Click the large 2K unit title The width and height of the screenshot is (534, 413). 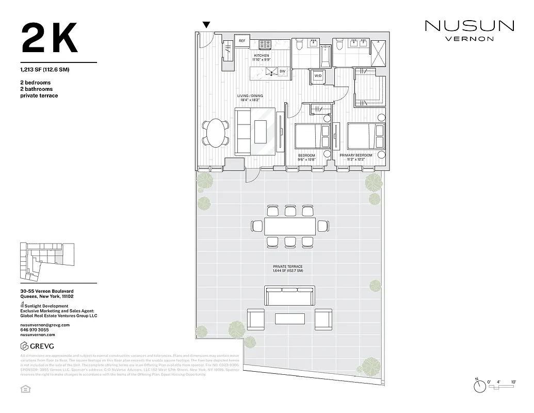click(x=50, y=38)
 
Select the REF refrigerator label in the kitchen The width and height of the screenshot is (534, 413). click(x=241, y=41)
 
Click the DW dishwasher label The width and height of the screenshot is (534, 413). click(x=282, y=71)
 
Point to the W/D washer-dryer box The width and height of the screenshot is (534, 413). click(x=317, y=76)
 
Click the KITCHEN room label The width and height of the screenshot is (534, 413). click(x=262, y=56)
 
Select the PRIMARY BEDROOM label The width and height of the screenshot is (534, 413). click(x=359, y=155)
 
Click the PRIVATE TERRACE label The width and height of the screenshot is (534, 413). click(x=288, y=267)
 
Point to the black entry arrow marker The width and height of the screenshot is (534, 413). click(x=206, y=25)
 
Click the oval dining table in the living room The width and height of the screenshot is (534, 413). click(x=216, y=133)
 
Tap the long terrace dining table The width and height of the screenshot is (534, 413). click(x=289, y=226)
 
